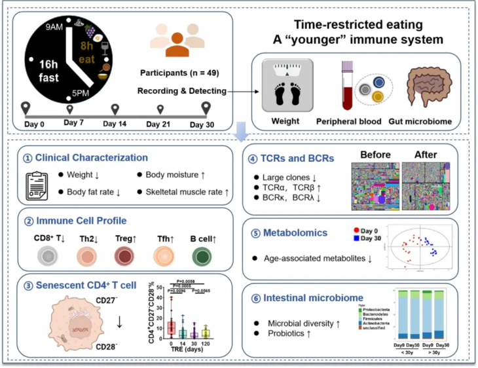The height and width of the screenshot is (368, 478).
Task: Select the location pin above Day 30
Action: click(x=206, y=107)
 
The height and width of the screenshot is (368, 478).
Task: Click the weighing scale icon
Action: click(x=283, y=83)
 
